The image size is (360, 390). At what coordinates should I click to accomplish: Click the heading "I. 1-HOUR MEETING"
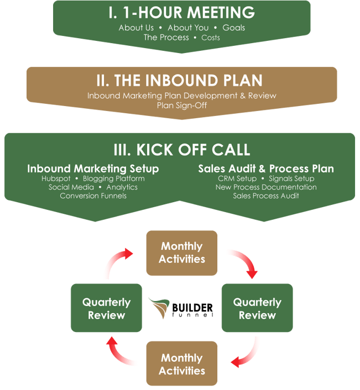coord(182,13)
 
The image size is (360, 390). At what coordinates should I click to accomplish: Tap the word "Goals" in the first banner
coord(234,28)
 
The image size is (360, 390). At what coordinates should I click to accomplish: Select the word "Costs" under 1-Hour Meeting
coord(211,38)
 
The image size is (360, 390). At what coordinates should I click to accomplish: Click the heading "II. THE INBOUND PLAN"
coord(180,80)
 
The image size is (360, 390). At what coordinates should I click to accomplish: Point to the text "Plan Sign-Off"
coord(182,106)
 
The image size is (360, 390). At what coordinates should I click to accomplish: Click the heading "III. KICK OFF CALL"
coord(182,150)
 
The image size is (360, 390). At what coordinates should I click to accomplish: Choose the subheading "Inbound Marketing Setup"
coord(93,168)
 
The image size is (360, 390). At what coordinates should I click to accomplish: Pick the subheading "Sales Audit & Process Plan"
coord(266,168)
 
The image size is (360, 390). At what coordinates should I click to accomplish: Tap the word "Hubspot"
coord(56,178)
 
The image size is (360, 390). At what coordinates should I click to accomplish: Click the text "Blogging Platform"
coord(114,178)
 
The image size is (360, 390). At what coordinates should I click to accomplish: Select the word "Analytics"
coord(122,187)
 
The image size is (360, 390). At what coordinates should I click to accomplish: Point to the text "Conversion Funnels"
coord(93,196)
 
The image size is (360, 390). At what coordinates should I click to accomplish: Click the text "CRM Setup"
coord(237,178)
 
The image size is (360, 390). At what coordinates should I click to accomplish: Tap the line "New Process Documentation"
coord(266,187)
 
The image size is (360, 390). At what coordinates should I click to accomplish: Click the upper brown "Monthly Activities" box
coord(182,253)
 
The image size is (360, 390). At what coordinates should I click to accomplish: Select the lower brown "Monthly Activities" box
coord(182,363)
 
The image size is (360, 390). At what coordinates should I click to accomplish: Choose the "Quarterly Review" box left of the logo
coord(106,308)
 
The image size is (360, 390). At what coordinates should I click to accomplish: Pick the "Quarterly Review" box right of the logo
coord(257,308)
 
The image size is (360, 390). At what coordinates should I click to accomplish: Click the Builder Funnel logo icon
coord(159,308)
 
